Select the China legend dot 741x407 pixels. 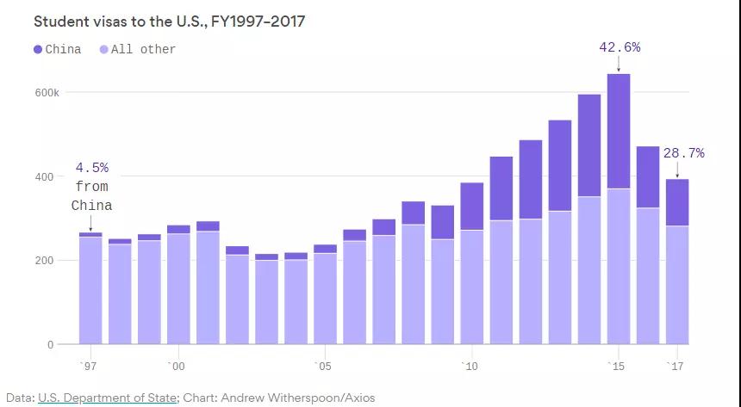coord(38,49)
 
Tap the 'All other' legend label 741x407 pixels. coord(143,49)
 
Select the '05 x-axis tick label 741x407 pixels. coord(323,367)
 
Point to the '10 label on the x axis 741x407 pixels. coord(470,367)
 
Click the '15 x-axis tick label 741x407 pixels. coord(616,367)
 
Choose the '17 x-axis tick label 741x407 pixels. coord(676,367)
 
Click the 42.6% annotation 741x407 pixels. coord(620,47)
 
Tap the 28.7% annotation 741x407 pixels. coord(683,153)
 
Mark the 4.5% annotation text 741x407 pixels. coord(92,167)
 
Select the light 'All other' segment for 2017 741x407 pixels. coord(677,285)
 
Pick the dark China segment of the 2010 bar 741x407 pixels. coord(472,206)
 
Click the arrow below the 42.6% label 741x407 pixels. coord(619,65)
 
